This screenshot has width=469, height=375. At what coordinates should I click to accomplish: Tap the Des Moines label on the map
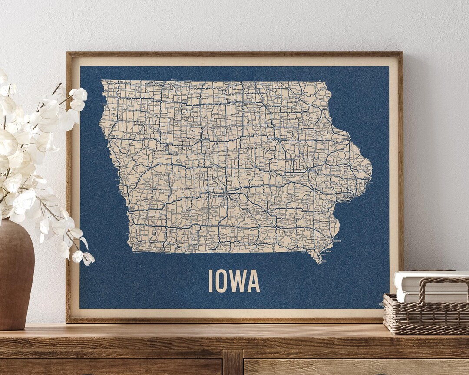(219, 196)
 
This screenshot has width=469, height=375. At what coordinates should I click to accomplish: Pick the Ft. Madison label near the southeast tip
(328, 251)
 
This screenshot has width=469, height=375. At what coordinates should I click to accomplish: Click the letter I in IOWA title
(211, 281)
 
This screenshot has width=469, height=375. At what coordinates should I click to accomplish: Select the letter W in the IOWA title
(238, 281)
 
